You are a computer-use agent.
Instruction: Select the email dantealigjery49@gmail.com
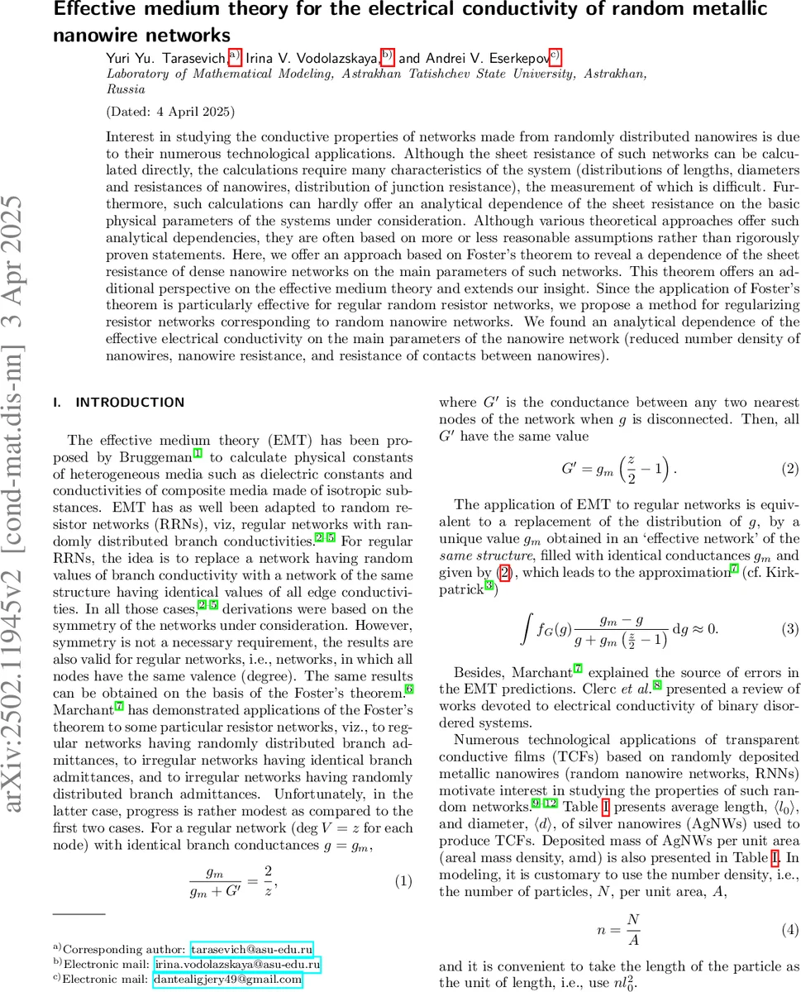(227, 980)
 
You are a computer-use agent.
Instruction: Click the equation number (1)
(402, 880)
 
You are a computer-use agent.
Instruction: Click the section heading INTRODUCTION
(130, 403)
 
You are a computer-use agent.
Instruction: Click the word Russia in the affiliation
(126, 89)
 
